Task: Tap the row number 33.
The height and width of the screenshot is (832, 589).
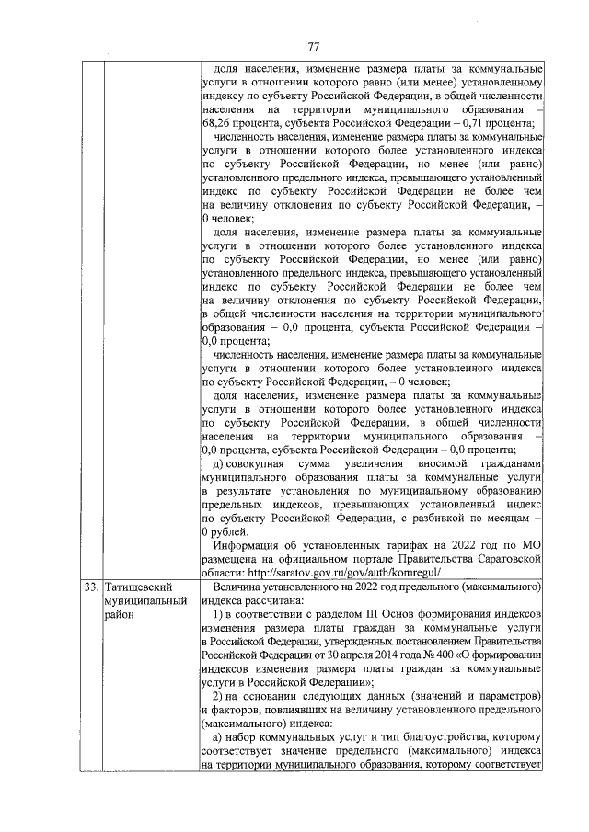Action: coord(89,585)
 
